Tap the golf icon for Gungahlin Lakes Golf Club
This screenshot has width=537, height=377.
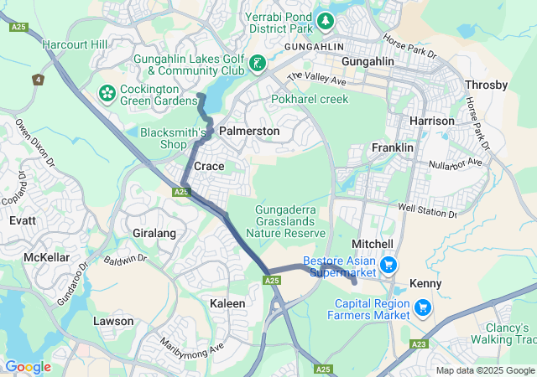tap(257, 63)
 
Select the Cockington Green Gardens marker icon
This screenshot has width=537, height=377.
tap(107, 90)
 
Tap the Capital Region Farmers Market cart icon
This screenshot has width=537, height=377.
tap(422, 307)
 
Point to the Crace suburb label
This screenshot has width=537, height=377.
tap(209, 167)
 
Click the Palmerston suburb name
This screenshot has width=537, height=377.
tap(249, 132)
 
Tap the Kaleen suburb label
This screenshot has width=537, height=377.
tap(227, 302)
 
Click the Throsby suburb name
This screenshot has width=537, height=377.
tap(486, 85)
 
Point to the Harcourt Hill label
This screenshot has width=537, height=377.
tap(75, 44)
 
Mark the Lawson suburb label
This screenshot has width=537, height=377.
tap(113, 321)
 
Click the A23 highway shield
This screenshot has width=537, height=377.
tap(420, 343)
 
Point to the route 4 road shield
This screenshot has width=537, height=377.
tap(38, 80)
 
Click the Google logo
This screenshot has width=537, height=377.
tap(28, 367)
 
